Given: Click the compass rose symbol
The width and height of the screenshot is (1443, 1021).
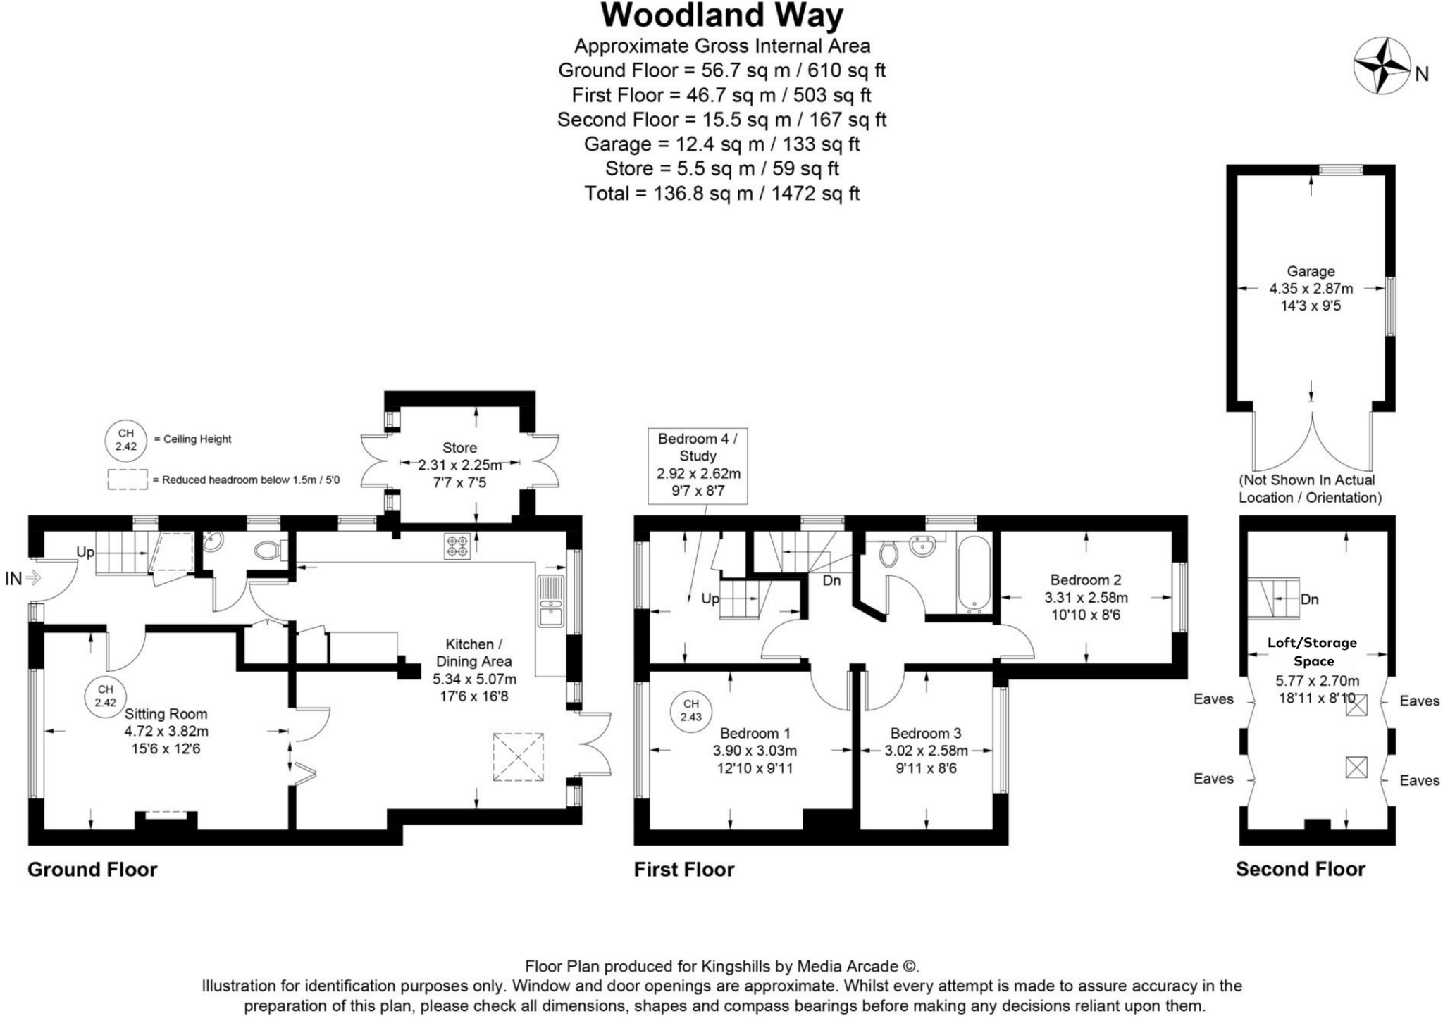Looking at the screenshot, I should (x=1381, y=66).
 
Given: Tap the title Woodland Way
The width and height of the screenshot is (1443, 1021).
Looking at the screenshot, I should (x=721, y=15).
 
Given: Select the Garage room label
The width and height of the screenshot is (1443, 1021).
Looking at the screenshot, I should (x=1311, y=271).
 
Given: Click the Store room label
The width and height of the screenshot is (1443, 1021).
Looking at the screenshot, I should (x=459, y=448).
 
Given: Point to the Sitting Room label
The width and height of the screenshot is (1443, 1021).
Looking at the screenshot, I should (x=166, y=714).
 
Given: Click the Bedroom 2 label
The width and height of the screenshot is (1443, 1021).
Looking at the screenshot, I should (x=1085, y=580).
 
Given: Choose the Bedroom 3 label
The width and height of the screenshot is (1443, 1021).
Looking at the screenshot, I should (x=925, y=733).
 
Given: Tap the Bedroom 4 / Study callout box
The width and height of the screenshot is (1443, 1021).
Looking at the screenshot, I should (x=697, y=465).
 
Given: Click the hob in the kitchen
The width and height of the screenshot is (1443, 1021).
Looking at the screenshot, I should (x=457, y=547).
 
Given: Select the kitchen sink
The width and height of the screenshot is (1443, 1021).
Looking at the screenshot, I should (x=550, y=601).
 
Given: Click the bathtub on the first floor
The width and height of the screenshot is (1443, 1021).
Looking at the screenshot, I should (x=974, y=574).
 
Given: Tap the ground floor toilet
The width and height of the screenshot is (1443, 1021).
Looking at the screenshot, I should (x=268, y=549).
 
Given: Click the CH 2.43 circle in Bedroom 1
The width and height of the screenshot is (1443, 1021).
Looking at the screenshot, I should (x=690, y=710).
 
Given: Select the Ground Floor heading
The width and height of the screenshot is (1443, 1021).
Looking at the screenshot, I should (x=92, y=870).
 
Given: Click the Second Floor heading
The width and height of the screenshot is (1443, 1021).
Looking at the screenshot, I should (x=1300, y=870).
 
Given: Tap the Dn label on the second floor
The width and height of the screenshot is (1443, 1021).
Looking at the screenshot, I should (x=1309, y=600).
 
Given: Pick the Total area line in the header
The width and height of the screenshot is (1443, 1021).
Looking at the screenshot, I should (x=721, y=194).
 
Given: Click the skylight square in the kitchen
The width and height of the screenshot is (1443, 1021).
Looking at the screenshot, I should (x=518, y=757).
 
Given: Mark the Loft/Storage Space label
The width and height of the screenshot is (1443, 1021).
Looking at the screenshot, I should (x=1313, y=651).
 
